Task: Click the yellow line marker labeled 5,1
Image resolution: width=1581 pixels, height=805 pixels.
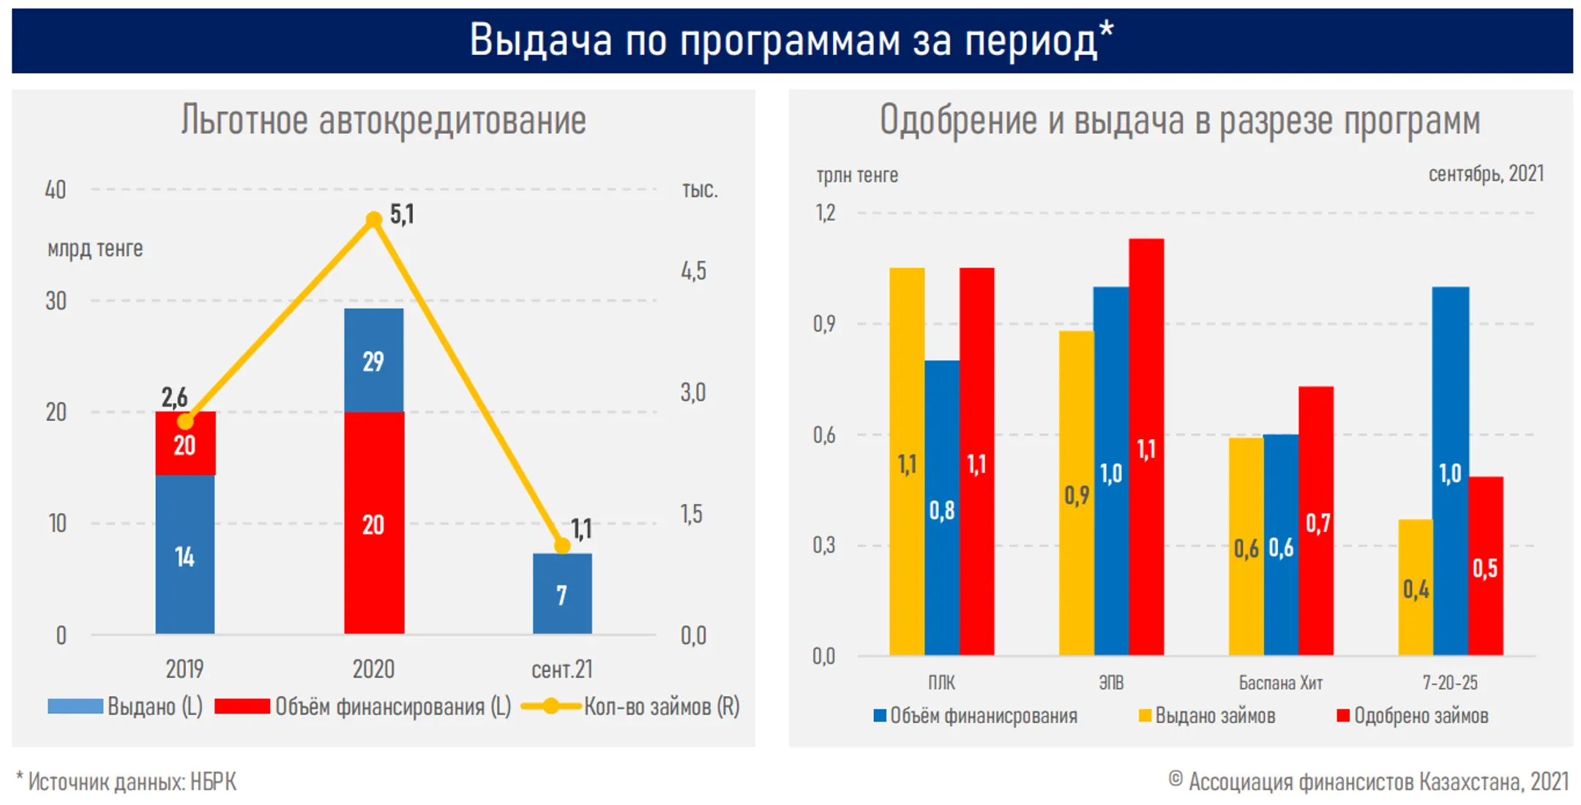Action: click(x=374, y=220)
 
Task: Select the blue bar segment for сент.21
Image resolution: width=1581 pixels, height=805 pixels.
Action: click(x=562, y=594)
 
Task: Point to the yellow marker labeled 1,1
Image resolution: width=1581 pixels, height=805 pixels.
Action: click(x=562, y=546)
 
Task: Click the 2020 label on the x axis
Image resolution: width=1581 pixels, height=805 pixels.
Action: click(x=373, y=669)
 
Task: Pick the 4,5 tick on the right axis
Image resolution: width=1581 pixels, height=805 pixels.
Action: click(x=693, y=272)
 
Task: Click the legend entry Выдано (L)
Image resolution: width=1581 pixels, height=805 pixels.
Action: click(x=154, y=706)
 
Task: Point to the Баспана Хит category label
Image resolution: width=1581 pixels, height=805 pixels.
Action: click(x=1280, y=683)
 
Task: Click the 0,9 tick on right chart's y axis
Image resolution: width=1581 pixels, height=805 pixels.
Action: click(x=824, y=323)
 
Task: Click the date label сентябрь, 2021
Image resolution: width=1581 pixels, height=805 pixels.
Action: click(x=1486, y=174)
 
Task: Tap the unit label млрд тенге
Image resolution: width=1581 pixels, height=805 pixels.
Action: click(x=95, y=249)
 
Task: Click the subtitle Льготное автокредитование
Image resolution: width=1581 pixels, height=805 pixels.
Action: click(x=384, y=121)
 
